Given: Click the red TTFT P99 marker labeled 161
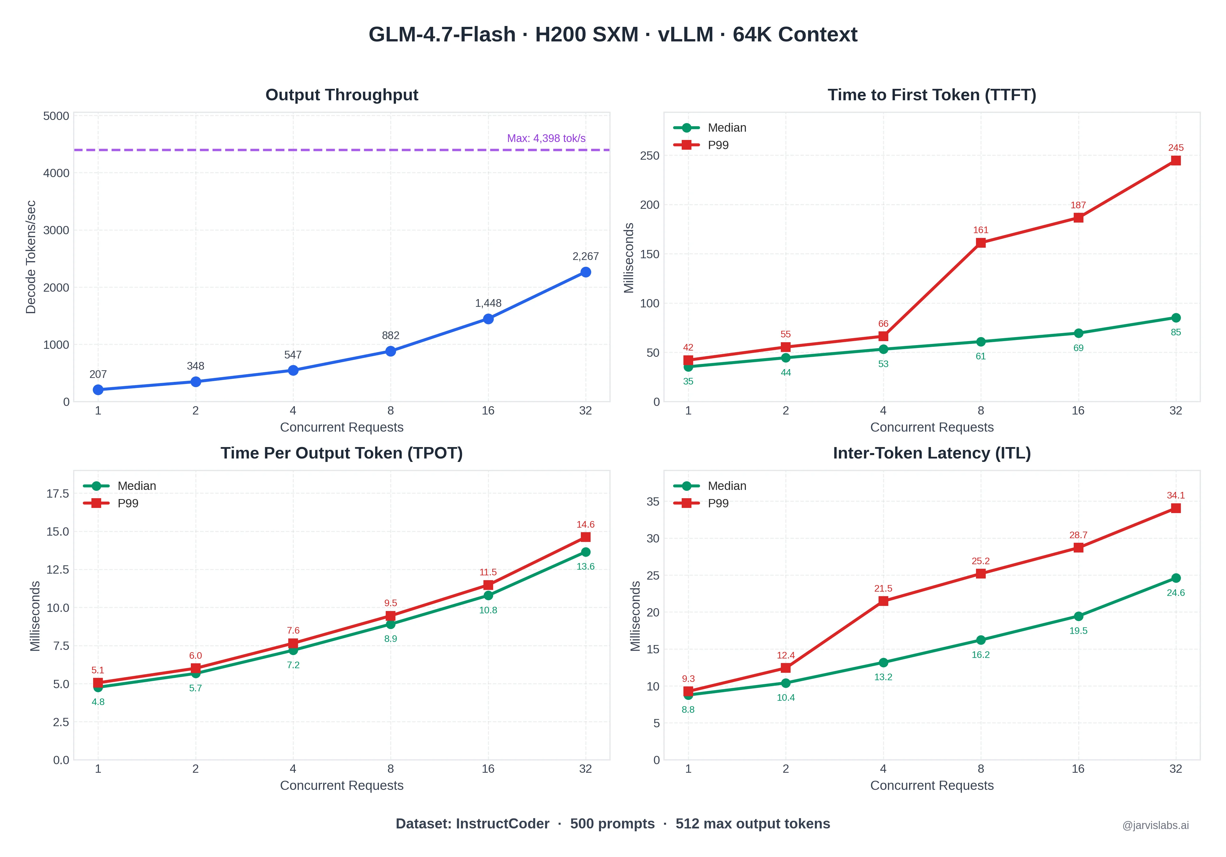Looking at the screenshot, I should pyautogui.click(x=980, y=243).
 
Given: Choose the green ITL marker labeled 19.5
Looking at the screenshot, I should pyautogui.click(x=1078, y=616).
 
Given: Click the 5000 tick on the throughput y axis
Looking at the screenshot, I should pyautogui.click(x=56, y=116).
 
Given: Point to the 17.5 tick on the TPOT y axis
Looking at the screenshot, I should pyautogui.click(x=58, y=493).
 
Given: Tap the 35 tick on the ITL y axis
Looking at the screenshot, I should pyautogui.click(x=653, y=501).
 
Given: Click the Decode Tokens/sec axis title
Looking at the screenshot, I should pyautogui.click(x=31, y=257).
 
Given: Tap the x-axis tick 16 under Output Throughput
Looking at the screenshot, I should pyautogui.click(x=488, y=411).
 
